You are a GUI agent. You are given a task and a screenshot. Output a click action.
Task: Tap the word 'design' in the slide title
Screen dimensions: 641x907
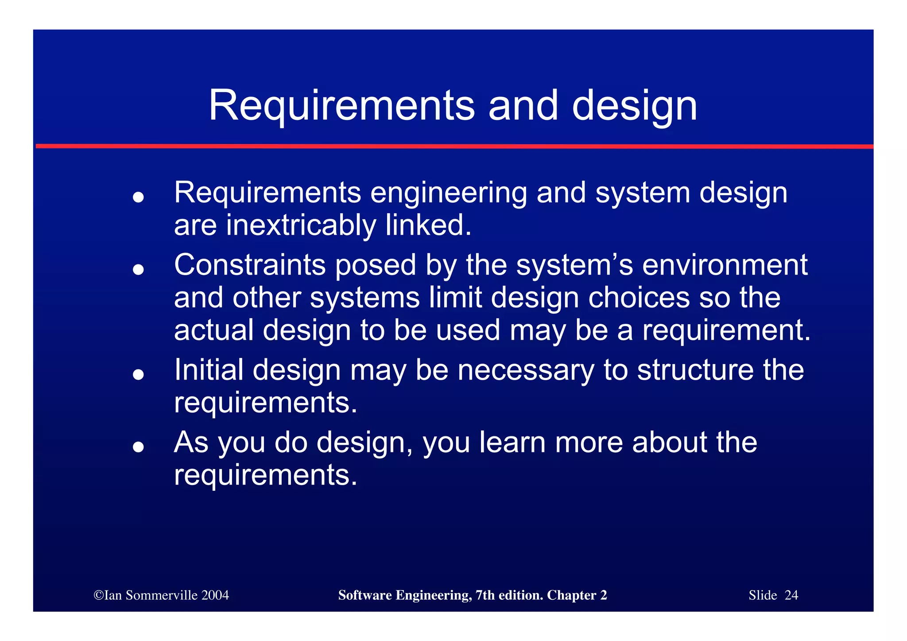click(634, 106)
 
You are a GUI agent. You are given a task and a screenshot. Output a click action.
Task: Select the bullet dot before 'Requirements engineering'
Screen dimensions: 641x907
click(139, 197)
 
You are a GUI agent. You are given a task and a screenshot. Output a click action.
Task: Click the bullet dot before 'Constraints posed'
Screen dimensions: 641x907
click(139, 269)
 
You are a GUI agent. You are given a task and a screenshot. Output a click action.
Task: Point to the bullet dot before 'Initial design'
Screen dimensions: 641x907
click(139, 374)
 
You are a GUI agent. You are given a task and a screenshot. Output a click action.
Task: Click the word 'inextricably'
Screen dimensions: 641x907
click(301, 225)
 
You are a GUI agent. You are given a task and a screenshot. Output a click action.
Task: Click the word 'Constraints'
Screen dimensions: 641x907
click(249, 265)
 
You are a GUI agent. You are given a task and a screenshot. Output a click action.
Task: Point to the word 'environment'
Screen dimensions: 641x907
click(725, 265)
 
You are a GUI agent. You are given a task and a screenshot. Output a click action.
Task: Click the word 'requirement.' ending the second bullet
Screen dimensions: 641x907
click(726, 330)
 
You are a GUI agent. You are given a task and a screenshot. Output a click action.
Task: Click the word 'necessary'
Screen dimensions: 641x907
click(525, 370)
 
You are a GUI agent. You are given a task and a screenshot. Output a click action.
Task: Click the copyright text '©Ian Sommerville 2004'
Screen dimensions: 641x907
click(161, 595)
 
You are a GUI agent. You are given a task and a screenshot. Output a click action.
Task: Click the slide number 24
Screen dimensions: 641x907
click(791, 595)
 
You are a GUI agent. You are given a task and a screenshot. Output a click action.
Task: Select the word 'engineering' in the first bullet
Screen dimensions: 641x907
click(448, 194)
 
